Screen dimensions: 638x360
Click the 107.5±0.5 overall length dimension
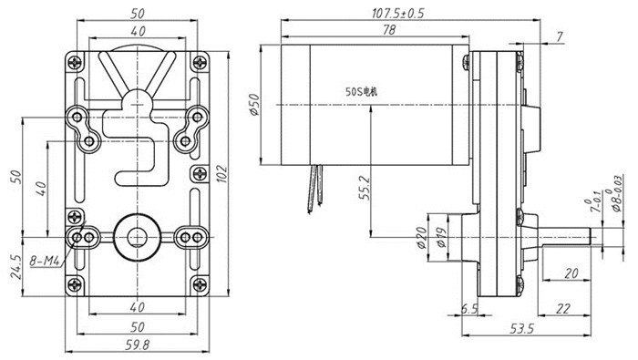coord(397,14)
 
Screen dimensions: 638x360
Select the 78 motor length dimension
coord(389,30)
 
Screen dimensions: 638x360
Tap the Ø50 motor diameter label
coord(254,105)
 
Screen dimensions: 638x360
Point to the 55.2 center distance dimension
coord(365,187)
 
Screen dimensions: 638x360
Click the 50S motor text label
coord(361,91)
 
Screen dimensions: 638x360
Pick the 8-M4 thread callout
coord(46,261)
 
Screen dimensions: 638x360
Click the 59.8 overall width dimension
coord(137,345)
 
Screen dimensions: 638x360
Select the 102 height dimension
coord(221,174)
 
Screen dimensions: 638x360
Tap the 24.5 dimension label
coord(15,266)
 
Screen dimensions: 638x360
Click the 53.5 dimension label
coord(521,329)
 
